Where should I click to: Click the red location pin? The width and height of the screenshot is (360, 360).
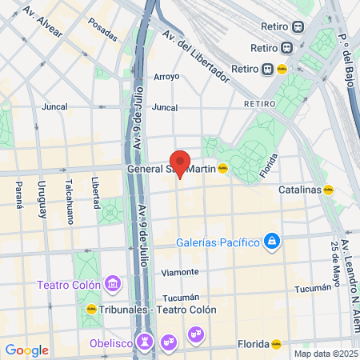pos(180,162)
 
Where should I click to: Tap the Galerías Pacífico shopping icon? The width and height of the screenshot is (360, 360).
pos(272,241)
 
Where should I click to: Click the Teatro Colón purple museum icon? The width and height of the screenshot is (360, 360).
pos(114,285)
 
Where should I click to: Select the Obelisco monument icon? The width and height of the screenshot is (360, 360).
pos(145,341)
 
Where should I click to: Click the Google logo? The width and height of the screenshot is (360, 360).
pos(26,350)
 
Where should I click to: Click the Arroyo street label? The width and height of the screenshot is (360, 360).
pos(166,77)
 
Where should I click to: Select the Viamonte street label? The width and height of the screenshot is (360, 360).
pos(179,273)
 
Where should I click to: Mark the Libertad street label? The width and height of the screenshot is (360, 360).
pos(94,191)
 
